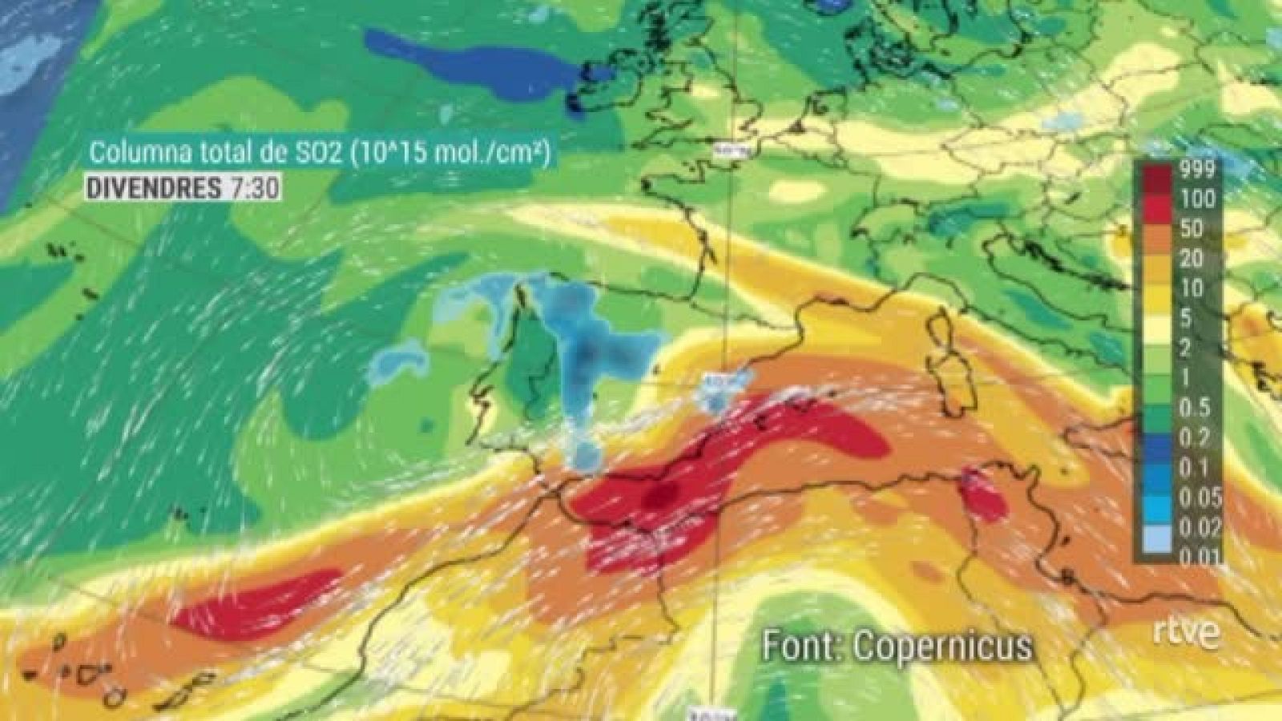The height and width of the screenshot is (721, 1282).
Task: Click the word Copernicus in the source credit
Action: click(942, 646)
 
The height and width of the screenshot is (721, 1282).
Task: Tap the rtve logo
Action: click(1187, 633)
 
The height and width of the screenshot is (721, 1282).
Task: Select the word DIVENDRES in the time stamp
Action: click(153, 188)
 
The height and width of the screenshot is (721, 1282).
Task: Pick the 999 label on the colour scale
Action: click(1198, 169)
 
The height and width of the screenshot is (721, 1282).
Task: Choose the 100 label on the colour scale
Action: click(1198, 199)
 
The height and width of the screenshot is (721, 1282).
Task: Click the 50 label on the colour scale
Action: click(1191, 229)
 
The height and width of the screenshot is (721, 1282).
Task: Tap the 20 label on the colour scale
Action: click(1191, 259)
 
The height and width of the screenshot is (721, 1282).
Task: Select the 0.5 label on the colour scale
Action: click(1195, 408)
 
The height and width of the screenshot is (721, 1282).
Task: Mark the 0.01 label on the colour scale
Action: click(1199, 555)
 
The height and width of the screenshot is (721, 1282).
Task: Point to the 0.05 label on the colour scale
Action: click(1199, 497)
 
